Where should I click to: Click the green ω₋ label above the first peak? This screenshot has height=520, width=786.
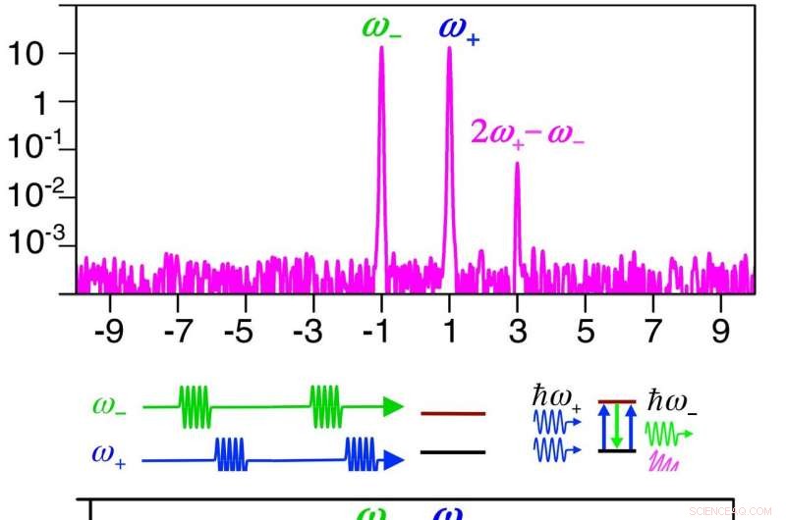(x=381, y=26)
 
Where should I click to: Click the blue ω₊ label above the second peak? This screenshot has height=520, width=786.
(x=458, y=29)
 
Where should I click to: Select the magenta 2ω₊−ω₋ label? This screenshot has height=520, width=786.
(x=528, y=131)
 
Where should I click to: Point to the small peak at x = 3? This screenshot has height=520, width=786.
(x=517, y=196)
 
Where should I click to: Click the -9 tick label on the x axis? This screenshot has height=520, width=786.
(x=110, y=333)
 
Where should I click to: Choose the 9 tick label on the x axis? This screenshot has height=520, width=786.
(x=720, y=333)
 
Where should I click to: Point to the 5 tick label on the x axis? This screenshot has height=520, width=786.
(x=585, y=333)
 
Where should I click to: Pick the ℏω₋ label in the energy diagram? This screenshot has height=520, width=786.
(x=673, y=401)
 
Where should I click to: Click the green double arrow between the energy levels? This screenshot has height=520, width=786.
(x=617, y=426)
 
